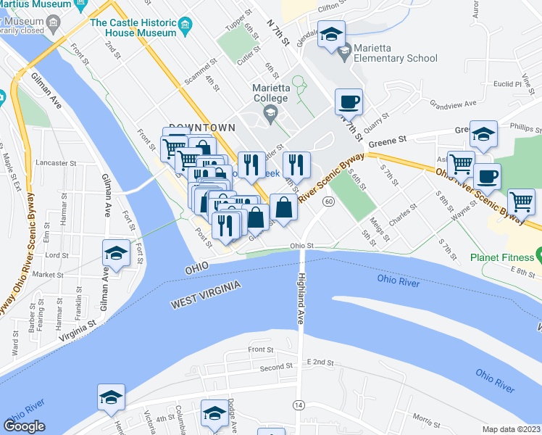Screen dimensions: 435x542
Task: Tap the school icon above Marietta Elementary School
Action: [x=331, y=35]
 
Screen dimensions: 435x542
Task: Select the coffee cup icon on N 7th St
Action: [x=348, y=102]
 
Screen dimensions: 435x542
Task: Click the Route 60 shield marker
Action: [x=328, y=201]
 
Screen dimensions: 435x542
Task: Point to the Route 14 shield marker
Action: [x=299, y=403]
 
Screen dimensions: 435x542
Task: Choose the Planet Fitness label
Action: [x=500, y=257]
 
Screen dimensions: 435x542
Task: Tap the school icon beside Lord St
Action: [x=115, y=253]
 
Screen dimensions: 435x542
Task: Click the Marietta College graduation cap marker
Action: [x=270, y=112]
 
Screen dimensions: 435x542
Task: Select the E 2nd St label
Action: [x=322, y=361]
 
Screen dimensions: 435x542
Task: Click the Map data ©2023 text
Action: [x=511, y=429]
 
